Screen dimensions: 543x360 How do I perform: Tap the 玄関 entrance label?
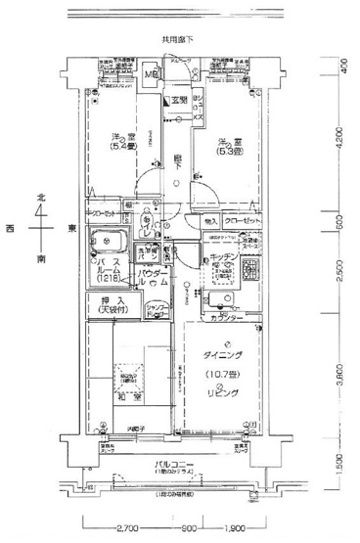180,101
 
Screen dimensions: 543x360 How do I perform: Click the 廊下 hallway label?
177,166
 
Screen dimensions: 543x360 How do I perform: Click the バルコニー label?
177,465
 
